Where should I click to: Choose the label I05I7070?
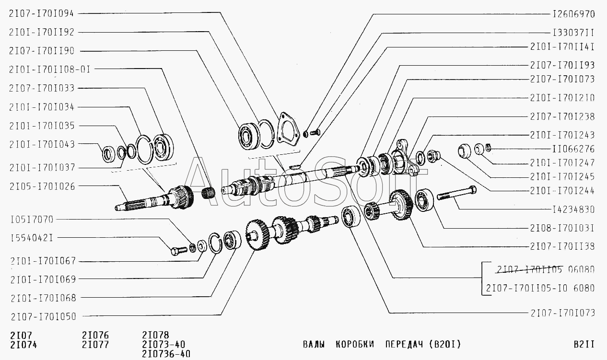point(32,220)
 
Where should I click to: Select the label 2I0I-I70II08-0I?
point(49,69)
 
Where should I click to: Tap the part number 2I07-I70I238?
point(562,116)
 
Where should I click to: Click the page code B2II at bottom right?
point(584,344)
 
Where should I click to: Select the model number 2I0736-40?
point(166,354)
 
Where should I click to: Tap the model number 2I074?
point(23,345)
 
